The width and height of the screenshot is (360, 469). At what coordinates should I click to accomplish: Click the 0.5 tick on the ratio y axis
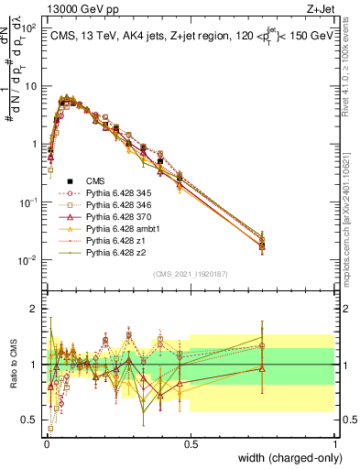(x=31, y=420)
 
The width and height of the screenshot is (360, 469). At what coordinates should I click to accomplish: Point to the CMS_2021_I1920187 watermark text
(x=190, y=274)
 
